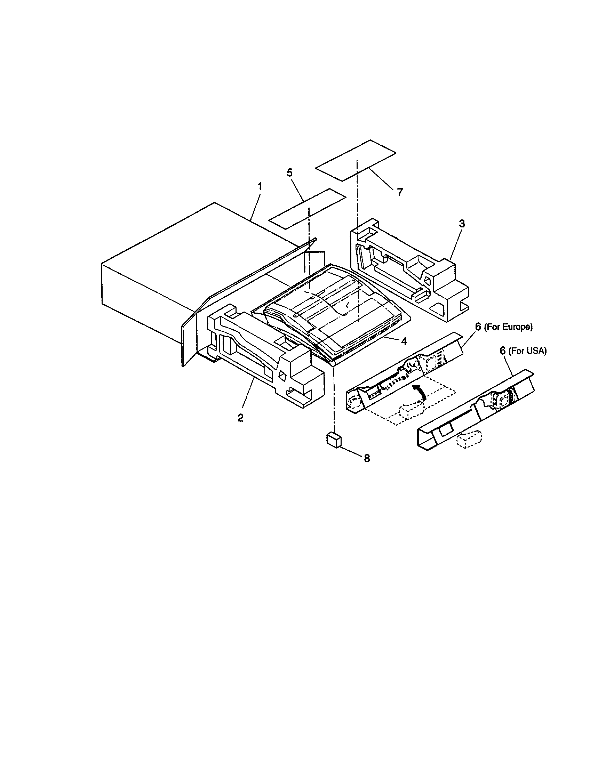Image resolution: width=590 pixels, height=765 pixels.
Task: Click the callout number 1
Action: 260,186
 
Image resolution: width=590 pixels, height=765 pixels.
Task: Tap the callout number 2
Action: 240,418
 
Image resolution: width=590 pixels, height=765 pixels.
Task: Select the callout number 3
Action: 462,224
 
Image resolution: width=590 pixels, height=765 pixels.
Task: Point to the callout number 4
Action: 404,341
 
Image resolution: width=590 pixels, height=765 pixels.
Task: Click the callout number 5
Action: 289,173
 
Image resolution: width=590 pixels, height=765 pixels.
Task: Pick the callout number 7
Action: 400,192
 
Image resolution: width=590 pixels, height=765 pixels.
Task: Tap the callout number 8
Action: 367,458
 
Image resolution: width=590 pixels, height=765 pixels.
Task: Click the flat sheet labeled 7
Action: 356,160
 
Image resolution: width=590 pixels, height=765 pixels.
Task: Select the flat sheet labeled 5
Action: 307,209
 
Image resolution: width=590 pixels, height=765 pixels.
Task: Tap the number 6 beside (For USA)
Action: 503,351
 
